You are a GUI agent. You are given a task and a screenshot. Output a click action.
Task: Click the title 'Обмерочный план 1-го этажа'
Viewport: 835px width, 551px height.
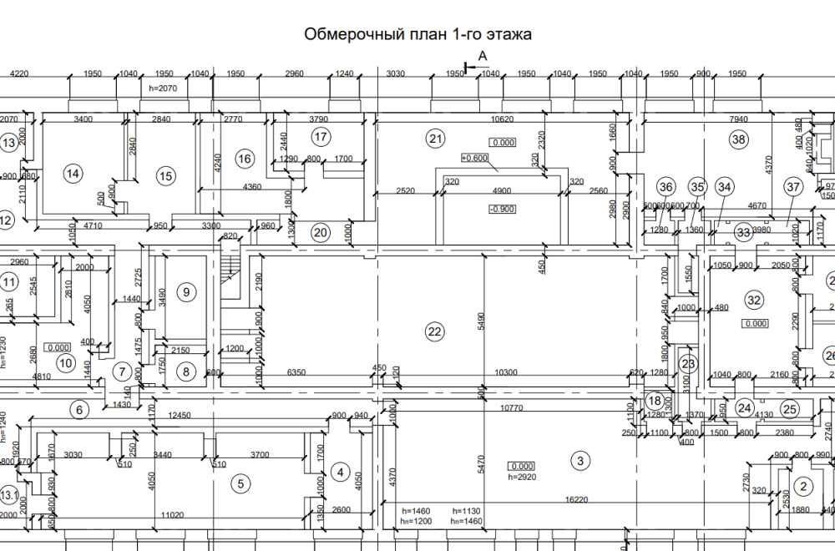[x=417, y=34]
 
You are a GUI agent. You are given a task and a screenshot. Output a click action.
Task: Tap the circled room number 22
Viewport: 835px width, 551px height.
[x=434, y=331]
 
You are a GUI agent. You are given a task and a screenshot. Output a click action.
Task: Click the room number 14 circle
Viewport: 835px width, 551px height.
[x=73, y=174]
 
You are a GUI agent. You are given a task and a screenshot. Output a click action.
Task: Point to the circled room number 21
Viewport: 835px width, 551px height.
[x=434, y=139]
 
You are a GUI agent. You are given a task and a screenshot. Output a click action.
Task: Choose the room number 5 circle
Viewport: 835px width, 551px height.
[x=240, y=483]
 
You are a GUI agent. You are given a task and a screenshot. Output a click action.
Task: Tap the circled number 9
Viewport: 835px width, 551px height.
[x=186, y=292]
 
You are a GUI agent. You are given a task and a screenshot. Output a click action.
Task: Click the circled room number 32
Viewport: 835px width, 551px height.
[x=755, y=300]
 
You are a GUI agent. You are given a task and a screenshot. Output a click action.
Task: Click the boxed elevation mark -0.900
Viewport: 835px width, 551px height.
[x=502, y=209]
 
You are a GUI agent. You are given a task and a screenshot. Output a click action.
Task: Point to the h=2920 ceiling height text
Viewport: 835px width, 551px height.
[x=521, y=478]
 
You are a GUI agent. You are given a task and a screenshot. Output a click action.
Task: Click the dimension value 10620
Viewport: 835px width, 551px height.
[x=502, y=119]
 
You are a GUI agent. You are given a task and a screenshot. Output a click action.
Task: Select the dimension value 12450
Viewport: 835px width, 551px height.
[x=180, y=415]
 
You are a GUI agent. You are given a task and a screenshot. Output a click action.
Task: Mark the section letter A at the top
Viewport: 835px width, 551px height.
[x=482, y=57]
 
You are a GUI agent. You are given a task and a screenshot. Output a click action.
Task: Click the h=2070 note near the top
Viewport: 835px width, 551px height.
[x=164, y=87]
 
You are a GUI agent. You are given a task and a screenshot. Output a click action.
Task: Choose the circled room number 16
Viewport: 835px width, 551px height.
[x=244, y=159]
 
